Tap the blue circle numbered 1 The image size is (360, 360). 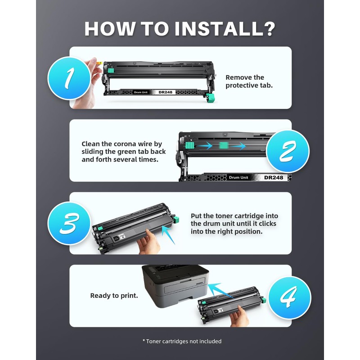point(69,78)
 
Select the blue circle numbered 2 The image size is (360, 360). point(288,151)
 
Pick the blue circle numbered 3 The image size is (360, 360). point(69,223)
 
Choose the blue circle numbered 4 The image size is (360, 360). point(289,298)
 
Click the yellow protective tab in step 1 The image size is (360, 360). point(98,63)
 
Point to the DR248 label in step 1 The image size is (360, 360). point(165,92)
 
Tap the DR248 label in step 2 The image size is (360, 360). point(274,177)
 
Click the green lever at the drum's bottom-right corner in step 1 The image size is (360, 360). point(211,98)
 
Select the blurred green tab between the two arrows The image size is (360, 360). point(223,145)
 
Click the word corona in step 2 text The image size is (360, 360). point(125,144)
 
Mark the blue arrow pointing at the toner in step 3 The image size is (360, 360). point(168,234)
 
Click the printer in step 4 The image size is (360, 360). point(175,285)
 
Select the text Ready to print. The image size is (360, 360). point(114,296)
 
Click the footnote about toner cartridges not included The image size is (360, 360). point(182,342)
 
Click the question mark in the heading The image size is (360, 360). point(269,29)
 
